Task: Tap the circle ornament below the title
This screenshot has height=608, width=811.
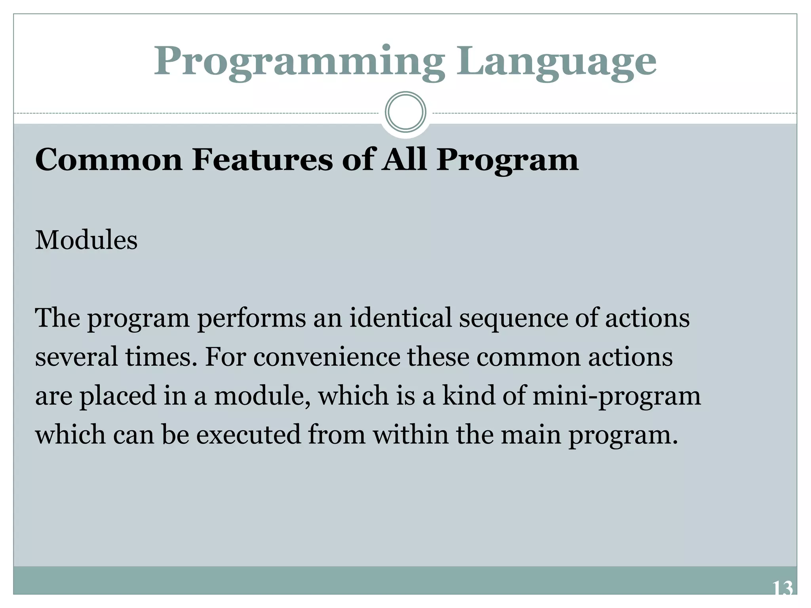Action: [405, 112]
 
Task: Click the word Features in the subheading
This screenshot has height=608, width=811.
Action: [262, 160]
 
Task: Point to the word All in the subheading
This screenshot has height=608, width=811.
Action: [404, 160]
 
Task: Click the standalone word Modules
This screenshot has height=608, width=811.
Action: [86, 240]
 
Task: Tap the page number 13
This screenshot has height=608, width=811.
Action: [782, 589]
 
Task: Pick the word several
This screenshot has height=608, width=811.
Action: [76, 357]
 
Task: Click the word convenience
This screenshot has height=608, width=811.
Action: [327, 357]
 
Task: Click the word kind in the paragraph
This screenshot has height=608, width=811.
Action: [469, 395]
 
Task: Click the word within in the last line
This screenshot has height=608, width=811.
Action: [411, 434]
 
